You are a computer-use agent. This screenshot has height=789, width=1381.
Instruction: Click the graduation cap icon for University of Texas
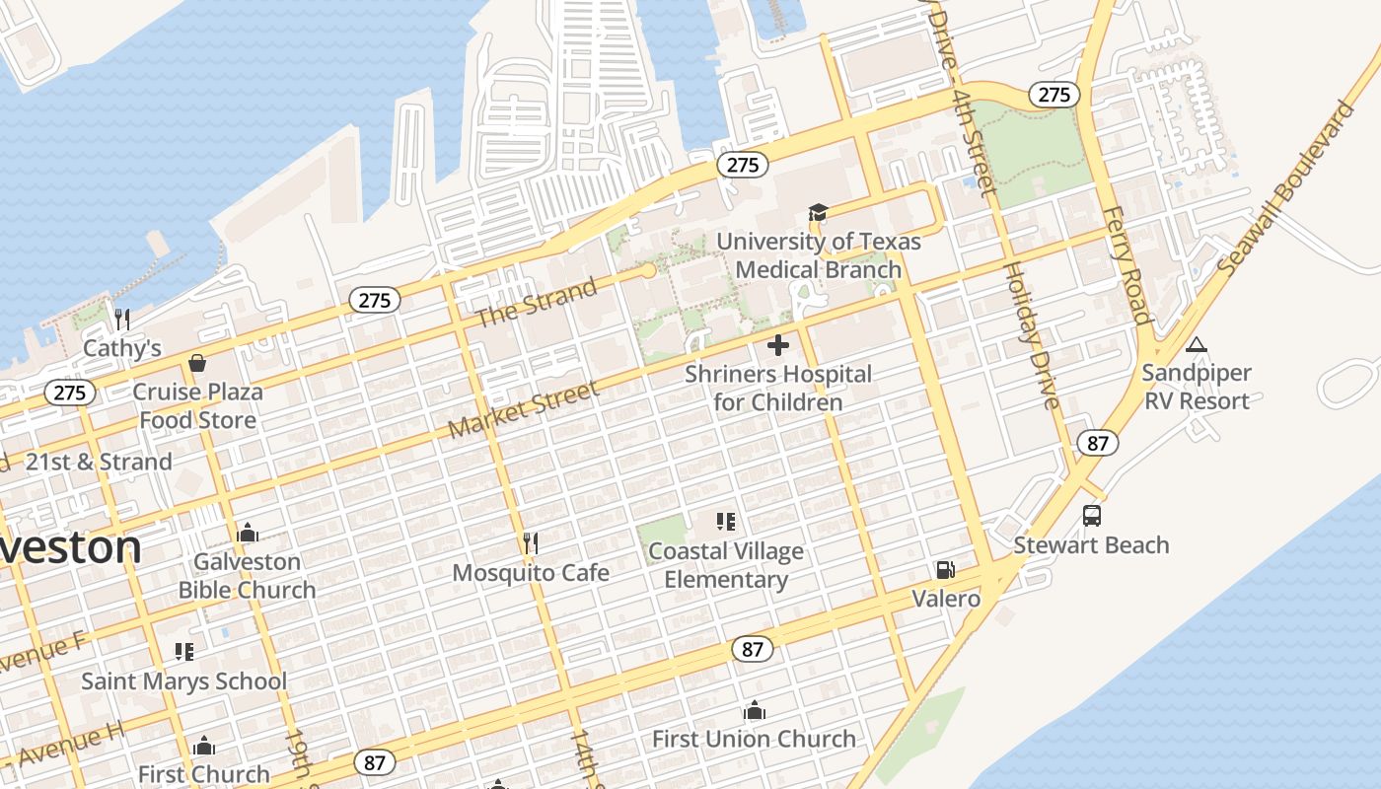[818, 212]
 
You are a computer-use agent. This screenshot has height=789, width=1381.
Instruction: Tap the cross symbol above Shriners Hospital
[778, 345]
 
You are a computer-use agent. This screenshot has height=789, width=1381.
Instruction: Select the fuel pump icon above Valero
[945, 570]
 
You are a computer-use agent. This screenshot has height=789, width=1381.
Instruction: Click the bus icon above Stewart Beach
[1092, 516]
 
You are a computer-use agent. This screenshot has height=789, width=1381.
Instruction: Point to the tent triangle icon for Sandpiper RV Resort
[1197, 344]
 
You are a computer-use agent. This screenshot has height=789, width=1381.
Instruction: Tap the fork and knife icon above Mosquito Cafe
[530, 543]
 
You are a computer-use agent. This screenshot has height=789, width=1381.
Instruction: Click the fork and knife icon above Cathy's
[122, 319]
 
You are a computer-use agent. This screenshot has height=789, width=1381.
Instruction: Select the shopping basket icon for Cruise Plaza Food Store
[197, 363]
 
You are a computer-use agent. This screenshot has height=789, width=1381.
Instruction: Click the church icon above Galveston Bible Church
[247, 533]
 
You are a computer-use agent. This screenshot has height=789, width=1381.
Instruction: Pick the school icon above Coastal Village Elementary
[726, 522]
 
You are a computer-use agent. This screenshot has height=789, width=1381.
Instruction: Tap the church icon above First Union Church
[755, 710]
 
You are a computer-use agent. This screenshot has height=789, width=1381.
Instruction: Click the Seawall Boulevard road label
[1285, 187]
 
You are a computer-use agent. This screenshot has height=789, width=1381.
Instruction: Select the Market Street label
[524, 410]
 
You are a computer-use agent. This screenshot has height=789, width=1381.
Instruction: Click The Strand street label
[537, 303]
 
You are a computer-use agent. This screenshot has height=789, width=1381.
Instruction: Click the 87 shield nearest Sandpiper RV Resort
[1098, 443]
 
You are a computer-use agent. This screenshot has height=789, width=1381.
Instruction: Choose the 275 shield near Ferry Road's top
[1054, 95]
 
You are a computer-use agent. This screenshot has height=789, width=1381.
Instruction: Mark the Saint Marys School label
[183, 681]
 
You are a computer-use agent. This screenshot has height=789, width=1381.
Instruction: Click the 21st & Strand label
[99, 462]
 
